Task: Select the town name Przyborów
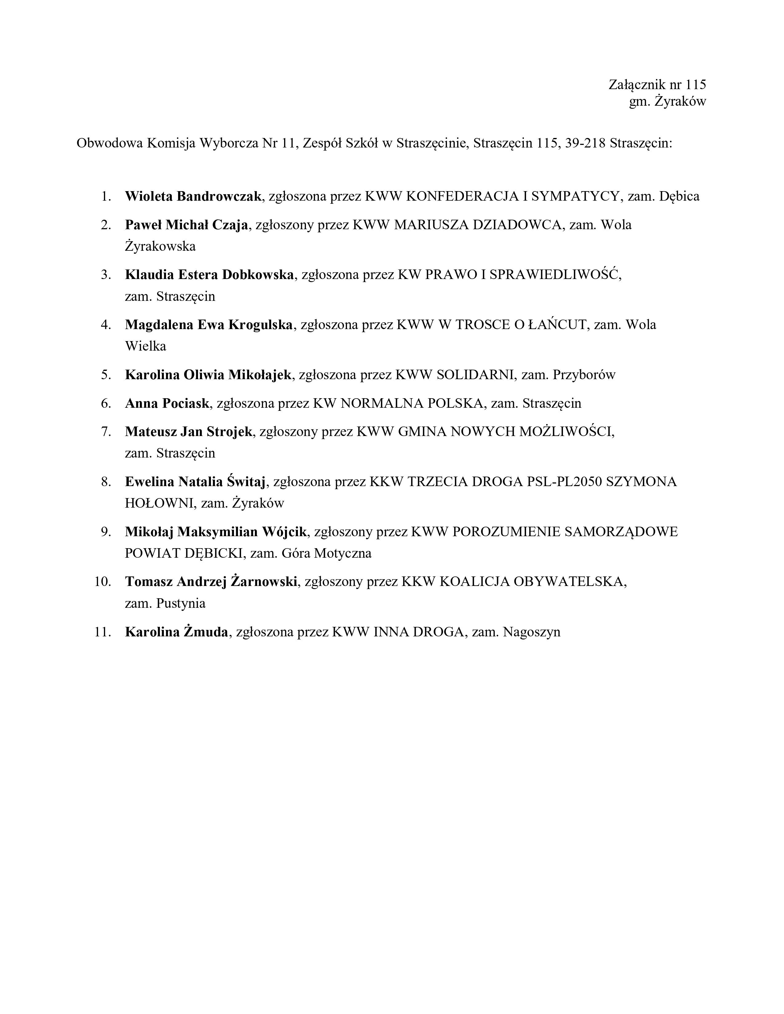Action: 584,374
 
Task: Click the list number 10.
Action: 103,581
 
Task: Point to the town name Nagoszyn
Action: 532,632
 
